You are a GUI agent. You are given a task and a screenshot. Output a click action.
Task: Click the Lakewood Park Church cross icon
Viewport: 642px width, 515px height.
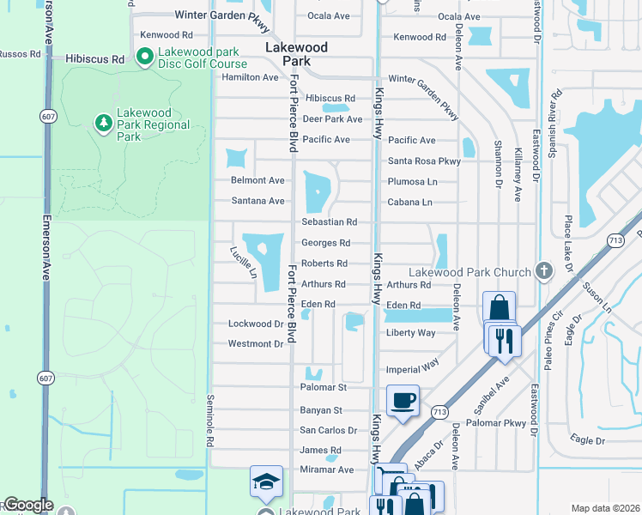pyautogui.click(x=543, y=272)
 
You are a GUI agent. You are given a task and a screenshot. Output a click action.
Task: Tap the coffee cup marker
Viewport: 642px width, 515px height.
pyautogui.click(x=403, y=399)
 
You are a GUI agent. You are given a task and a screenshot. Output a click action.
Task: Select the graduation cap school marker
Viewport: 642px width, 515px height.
pyautogui.click(x=266, y=482)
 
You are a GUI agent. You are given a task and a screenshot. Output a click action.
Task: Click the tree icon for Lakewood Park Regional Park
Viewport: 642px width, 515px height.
pyautogui.click(x=104, y=124)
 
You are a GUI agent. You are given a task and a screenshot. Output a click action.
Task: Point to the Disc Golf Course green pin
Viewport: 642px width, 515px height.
pyautogui.click(x=144, y=58)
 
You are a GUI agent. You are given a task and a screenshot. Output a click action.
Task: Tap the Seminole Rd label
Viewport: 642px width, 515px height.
pyautogui.click(x=210, y=421)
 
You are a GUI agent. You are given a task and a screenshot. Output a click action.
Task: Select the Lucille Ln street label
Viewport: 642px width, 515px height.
pyautogui.click(x=243, y=264)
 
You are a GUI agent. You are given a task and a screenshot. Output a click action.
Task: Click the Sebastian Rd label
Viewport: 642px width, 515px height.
pyautogui.click(x=329, y=222)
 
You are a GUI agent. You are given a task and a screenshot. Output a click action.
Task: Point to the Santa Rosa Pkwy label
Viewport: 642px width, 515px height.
pyautogui.click(x=424, y=161)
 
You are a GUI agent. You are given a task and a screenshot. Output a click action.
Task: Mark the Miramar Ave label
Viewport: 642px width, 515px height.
pyautogui.click(x=326, y=470)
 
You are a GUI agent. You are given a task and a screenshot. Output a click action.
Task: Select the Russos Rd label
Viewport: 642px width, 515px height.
pyautogui.click(x=19, y=53)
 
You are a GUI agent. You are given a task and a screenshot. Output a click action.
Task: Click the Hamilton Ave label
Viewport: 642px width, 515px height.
pyautogui.click(x=250, y=77)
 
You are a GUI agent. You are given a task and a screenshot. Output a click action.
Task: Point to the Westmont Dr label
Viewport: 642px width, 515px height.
pyautogui.click(x=255, y=344)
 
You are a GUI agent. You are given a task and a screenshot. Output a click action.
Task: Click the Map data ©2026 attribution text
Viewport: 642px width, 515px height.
pyautogui.click(x=605, y=508)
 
